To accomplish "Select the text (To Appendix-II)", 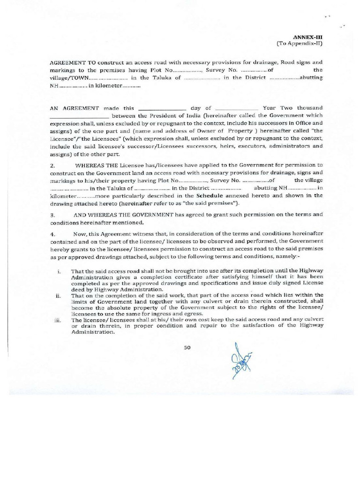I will pos(304,43).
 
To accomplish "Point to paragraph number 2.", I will pos(52,165).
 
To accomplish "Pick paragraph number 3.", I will pos(52,214).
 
